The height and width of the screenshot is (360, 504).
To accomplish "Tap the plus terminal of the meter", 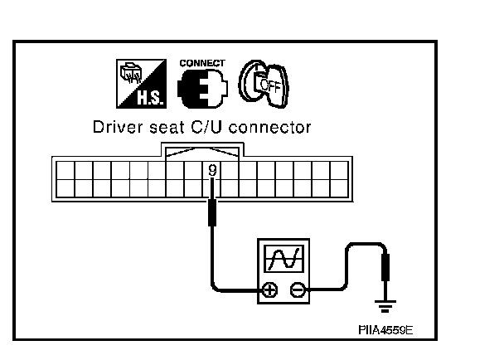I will coord(269,289).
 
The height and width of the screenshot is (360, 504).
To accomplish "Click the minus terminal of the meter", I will coord(297,289).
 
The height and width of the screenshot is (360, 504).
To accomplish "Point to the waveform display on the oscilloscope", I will coord(283,260).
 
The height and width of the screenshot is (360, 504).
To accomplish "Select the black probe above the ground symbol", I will coord(385,270).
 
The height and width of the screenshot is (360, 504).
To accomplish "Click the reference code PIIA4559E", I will coord(385,328).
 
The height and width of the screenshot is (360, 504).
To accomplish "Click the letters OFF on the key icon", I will coord(266,85).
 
